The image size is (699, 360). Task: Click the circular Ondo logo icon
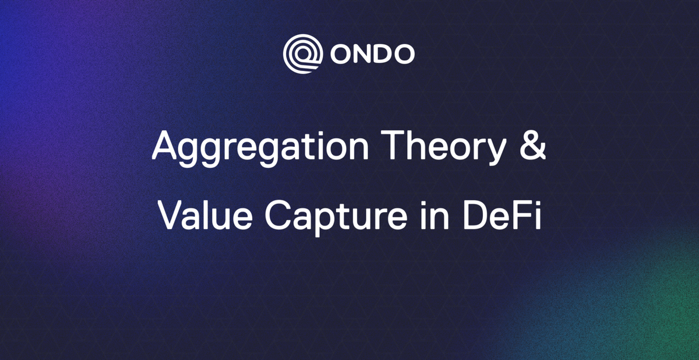pos(302,54)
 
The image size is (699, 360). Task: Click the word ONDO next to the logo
pos(373,55)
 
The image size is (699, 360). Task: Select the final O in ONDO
pos(404,55)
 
